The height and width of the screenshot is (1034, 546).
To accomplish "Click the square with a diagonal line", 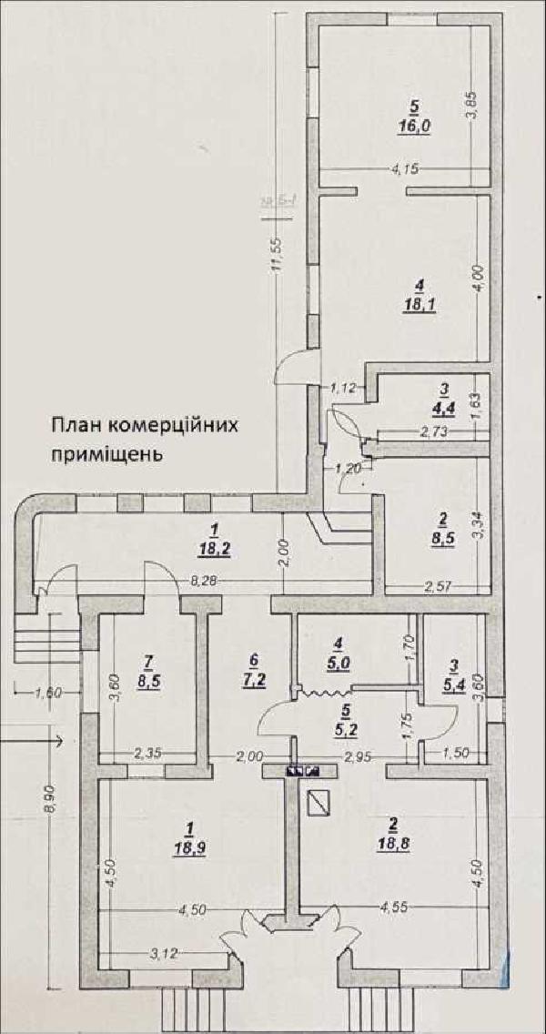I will (x=318, y=802).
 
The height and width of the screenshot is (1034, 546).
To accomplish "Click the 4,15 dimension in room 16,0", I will (x=404, y=168).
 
